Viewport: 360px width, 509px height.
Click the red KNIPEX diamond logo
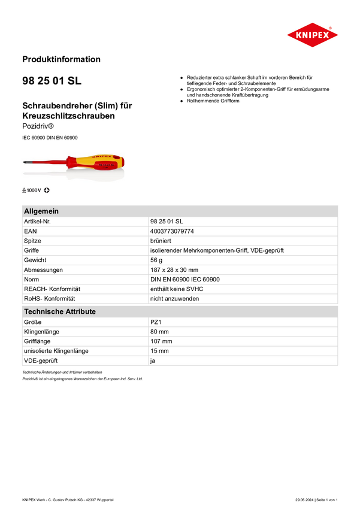pyautogui.click(x=312, y=35)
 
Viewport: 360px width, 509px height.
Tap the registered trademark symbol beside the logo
pyautogui.click(x=330, y=27)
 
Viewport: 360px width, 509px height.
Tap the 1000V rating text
pyautogui.click(x=34, y=190)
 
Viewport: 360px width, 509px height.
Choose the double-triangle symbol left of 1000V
pyautogui.click(x=24, y=190)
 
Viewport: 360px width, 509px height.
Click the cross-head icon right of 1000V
pyautogui.click(x=47, y=190)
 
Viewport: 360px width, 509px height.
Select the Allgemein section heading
pyautogui.click(x=41, y=211)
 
